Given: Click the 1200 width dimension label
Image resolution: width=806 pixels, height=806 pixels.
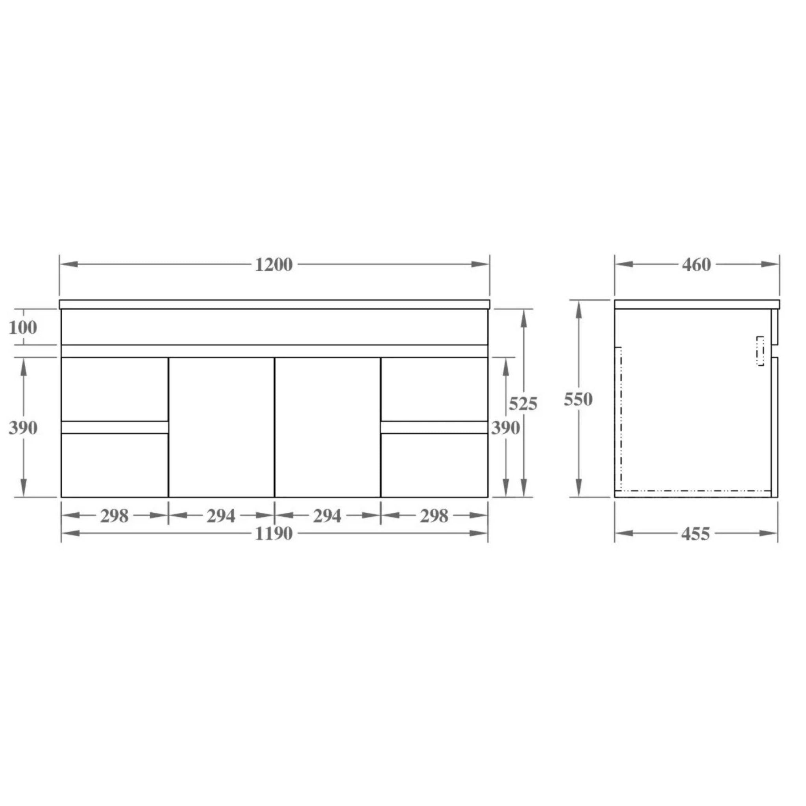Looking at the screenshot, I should click(274, 265).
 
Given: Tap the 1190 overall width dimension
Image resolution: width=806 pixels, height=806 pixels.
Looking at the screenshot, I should click(274, 534).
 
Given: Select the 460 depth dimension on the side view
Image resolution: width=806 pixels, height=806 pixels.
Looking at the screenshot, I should click(696, 265).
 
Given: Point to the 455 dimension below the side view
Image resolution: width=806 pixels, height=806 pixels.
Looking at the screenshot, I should click(695, 534).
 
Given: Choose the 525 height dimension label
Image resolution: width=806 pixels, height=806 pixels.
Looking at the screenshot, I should click(523, 403).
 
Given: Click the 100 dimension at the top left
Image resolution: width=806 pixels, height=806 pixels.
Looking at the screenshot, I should click(23, 327).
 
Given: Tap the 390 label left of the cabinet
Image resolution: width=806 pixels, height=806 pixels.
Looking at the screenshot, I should click(23, 428).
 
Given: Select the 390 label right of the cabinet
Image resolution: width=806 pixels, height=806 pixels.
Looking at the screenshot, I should click(505, 428).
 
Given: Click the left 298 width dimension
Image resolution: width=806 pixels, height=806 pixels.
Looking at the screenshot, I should click(114, 516).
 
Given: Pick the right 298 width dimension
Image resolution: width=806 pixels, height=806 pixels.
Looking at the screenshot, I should click(434, 516).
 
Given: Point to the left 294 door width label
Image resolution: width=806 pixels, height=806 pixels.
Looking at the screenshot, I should click(221, 516).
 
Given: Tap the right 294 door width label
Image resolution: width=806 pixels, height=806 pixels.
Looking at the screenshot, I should click(327, 516).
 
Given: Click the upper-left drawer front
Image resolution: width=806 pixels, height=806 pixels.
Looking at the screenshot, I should click(115, 389).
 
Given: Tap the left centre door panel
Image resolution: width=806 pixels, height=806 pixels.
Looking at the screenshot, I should click(222, 427).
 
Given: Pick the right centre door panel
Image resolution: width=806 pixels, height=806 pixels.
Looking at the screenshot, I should click(328, 427).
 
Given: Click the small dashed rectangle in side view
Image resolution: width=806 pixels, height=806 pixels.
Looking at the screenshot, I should click(760, 351).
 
